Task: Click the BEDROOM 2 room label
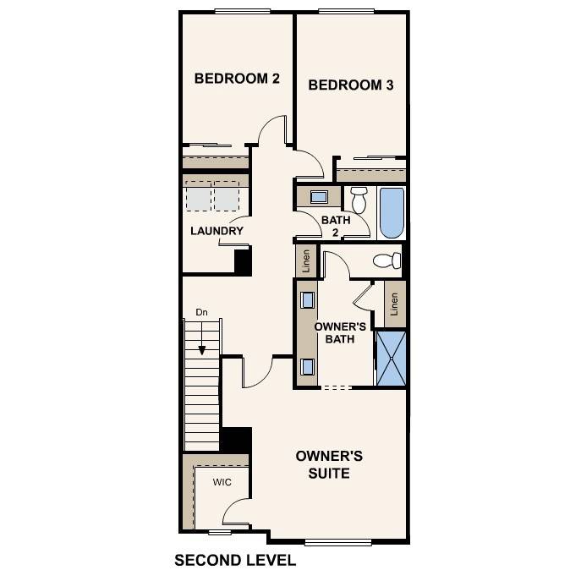[237, 79]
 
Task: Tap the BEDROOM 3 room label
[350, 85]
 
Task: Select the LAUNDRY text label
[217, 231]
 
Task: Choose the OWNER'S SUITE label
[329, 464]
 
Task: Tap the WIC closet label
[222, 483]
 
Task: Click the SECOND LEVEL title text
[235, 560]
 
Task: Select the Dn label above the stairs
[201, 312]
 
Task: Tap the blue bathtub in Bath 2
[392, 213]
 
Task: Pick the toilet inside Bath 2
[359, 200]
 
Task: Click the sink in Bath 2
[319, 197]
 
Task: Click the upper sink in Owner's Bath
[308, 300]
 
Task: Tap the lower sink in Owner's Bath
[308, 366]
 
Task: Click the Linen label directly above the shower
[395, 304]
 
